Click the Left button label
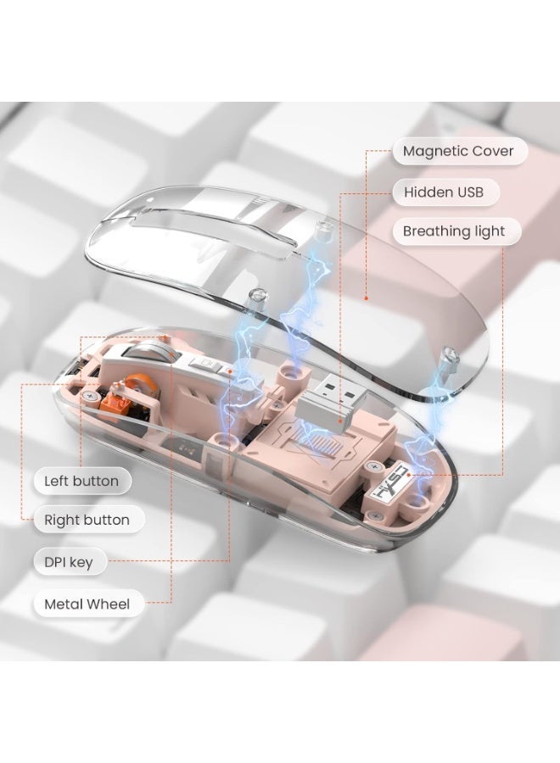[x=82, y=481]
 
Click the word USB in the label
[x=468, y=192]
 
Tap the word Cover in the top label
[x=490, y=151]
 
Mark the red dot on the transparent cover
[x=366, y=298]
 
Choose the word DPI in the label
[x=55, y=562]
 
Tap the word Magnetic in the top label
[x=433, y=152]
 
